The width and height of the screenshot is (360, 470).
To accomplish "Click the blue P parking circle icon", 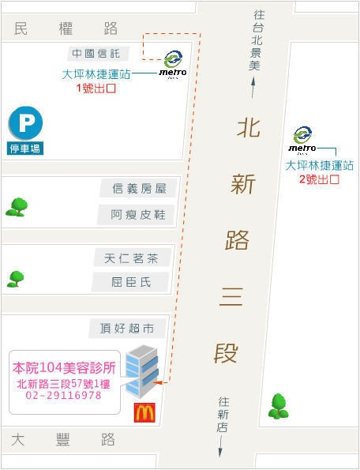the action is pos(26,123).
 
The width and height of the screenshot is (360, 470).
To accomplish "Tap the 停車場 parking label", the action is pos(25,149).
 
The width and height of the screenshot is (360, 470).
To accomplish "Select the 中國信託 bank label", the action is pos(96,54).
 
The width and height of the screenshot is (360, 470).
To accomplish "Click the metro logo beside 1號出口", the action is pos(173,65).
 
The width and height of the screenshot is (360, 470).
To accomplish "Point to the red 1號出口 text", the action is pos(96,88).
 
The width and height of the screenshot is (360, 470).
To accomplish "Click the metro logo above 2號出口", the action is pos(302,140).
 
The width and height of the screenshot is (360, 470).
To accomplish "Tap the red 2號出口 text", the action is pos(319,179).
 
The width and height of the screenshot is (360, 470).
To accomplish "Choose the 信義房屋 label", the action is pos(139,189).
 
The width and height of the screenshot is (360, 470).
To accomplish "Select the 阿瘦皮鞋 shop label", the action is pos(138,215).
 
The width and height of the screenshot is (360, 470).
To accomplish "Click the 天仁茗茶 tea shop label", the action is pos(131,258).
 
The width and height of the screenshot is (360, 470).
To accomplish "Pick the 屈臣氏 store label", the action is pos(131,282).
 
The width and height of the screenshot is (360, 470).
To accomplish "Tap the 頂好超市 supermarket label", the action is pos(127,329).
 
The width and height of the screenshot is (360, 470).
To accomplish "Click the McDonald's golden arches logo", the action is pos(144,412).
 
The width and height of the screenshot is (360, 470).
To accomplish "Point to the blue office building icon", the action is pos(141,371).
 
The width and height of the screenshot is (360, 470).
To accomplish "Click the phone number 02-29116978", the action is pos(63,396).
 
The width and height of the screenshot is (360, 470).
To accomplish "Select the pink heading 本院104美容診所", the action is pos(64,368).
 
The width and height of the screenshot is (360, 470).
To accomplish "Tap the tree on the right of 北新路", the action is pos(279,406).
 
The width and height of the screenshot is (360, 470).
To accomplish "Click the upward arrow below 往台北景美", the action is pos(253,88).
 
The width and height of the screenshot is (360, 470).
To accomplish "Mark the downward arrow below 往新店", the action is pos(220,446).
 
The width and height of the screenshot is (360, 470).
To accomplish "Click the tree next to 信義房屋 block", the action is pos(17,207).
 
